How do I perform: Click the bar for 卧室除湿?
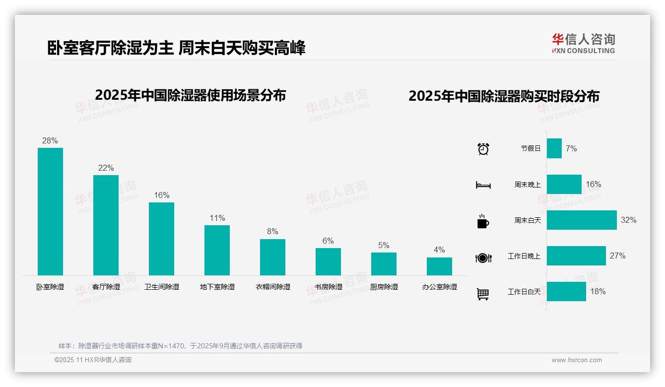[50, 211]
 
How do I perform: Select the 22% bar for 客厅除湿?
[106, 225]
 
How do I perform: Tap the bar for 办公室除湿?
[439, 266]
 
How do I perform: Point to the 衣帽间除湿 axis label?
[273, 287]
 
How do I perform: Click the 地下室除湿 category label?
[217, 287]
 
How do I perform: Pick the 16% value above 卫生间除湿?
[161, 195]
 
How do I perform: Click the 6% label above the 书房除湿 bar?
[328, 241]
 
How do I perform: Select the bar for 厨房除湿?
[384, 264]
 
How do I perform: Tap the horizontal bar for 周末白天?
[582, 220]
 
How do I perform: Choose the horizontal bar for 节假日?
[554, 148]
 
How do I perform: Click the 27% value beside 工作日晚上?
[617, 256]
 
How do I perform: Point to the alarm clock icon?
[483, 148]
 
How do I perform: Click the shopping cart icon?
[483, 294]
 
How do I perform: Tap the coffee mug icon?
[483, 221]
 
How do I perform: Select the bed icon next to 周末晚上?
[483, 185]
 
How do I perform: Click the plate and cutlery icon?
[483, 258]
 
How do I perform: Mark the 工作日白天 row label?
[524, 292]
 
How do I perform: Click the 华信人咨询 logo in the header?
[584, 43]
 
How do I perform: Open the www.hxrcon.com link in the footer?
[577, 360]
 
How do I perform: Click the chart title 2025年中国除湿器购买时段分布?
[504, 96]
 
